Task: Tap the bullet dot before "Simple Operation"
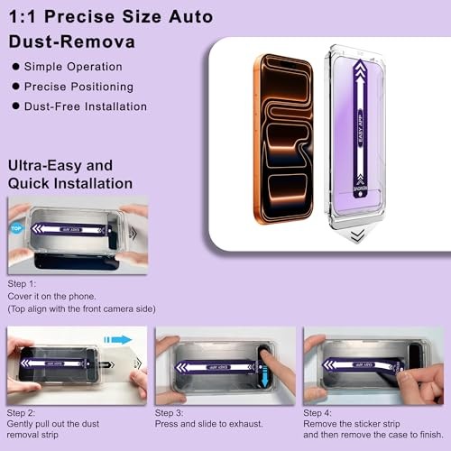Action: (x=16, y=67)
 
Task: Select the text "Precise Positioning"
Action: (x=78, y=87)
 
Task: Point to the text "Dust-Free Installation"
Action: (x=86, y=106)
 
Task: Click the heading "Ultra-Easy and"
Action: (x=60, y=165)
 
